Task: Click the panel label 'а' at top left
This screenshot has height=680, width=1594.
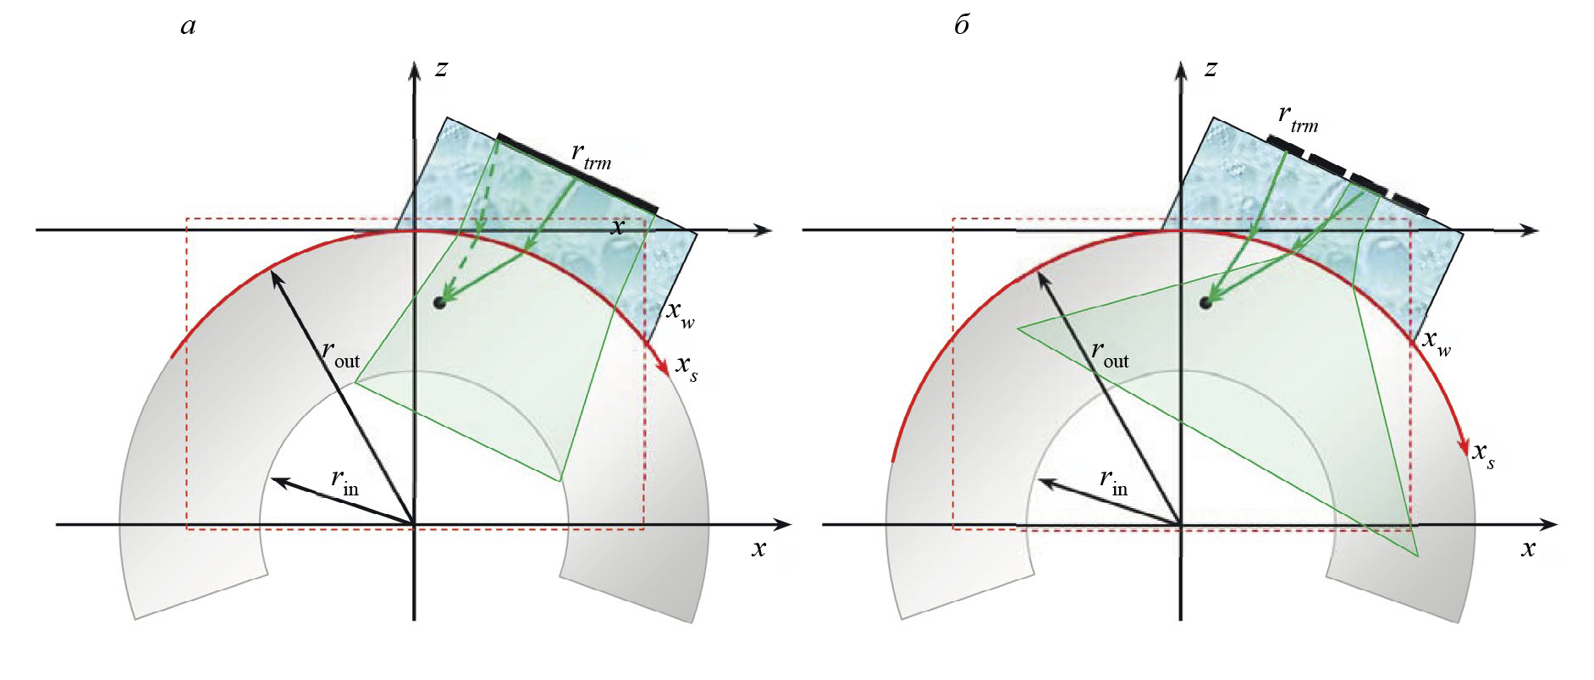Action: [x=188, y=26]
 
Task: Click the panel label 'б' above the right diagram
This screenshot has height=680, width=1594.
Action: [x=962, y=25]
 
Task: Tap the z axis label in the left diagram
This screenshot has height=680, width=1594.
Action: [x=440, y=68]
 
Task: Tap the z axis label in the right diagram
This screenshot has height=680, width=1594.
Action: [x=1211, y=68]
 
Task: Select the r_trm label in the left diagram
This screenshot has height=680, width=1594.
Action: [x=591, y=156]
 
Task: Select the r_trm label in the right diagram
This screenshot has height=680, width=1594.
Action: [x=1298, y=119]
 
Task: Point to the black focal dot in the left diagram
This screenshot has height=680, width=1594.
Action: [x=438, y=302]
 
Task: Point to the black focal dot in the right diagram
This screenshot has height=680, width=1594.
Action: [x=1205, y=302]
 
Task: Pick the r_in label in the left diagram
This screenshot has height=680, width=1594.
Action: [x=345, y=482]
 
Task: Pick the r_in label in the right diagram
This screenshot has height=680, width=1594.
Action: [x=1113, y=482]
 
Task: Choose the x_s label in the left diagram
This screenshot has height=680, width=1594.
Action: [x=687, y=368]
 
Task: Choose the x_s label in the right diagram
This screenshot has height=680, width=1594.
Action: [x=1483, y=455]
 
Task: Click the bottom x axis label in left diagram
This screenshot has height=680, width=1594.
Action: [x=758, y=549]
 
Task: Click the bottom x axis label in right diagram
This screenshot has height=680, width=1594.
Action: [x=1528, y=549]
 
